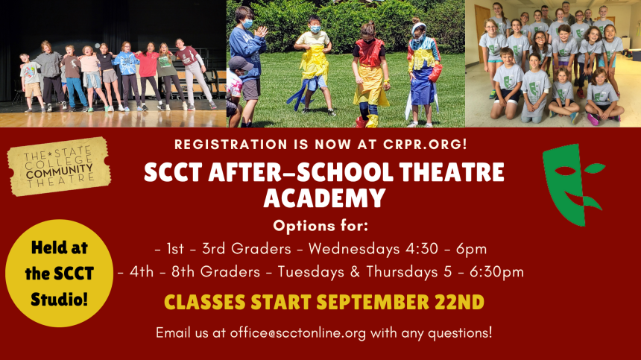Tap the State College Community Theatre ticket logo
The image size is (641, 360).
click(x=59, y=166)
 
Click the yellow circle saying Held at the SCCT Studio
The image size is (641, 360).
click(x=60, y=273)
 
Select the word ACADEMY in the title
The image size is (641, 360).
click(x=324, y=198)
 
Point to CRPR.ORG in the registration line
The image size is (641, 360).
click(x=425, y=145)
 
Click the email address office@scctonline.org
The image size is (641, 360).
click(x=298, y=332)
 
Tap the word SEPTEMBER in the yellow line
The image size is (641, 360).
click(x=373, y=302)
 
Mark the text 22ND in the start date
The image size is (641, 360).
click(x=459, y=302)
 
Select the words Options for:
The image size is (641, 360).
click(x=321, y=225)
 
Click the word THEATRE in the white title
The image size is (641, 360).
click(x=452, y=172)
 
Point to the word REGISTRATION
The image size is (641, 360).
click(x=231, y=145)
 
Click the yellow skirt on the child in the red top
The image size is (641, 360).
click(x=370, y=90)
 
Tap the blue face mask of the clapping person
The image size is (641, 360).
click(x=247, y=24)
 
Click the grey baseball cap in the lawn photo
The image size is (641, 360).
click(x=240, y=63)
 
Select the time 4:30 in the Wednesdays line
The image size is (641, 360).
click(x=422, y=248)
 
